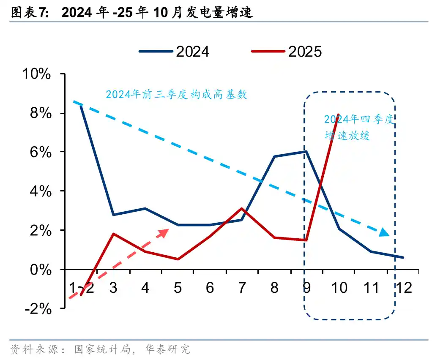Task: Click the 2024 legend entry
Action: coord(174,52)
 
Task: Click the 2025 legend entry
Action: coord(286,52)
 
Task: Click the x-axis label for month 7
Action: coord(242,288)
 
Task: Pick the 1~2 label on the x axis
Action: coord(81,288)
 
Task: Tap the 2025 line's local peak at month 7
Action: coord(241,208)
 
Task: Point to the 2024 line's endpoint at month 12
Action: coord(403,257)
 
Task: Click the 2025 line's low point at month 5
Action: coord(178,259)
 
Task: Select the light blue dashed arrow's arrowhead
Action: coord(384,232)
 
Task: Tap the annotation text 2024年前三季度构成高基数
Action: coord(176,95)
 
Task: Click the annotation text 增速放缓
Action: coord(347,136)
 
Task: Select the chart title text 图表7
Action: coord(29,13)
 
